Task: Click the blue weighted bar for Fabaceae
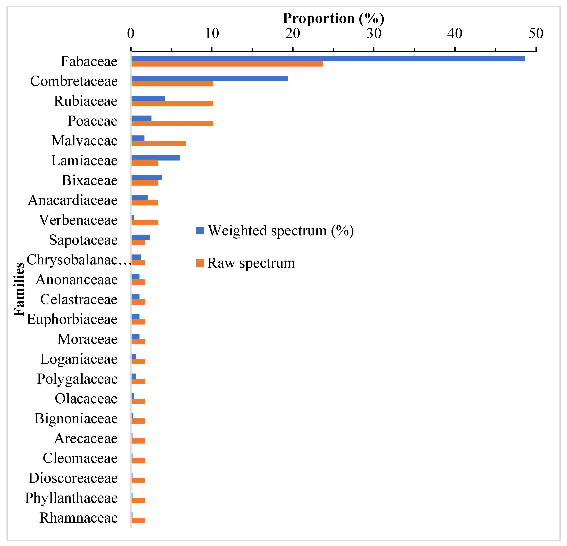pos(328,59)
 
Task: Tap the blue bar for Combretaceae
pos(210,79)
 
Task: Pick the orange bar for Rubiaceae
pos(172,104)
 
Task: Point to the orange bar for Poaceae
pos(172,123)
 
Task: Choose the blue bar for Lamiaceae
pos(156,158)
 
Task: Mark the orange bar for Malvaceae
pos(158,143)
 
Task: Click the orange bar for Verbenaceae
pos(145,222)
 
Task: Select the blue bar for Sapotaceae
pos(140,237)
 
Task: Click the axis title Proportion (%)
pos(333,18)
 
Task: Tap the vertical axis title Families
pos(19,289)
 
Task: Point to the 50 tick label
pos(536,34)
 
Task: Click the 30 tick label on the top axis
pos(374,34)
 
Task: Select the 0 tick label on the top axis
pos(131,34)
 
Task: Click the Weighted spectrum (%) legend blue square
pos(200,231)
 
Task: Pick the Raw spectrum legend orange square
pos(200,263)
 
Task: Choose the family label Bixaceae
pos(90,181)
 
